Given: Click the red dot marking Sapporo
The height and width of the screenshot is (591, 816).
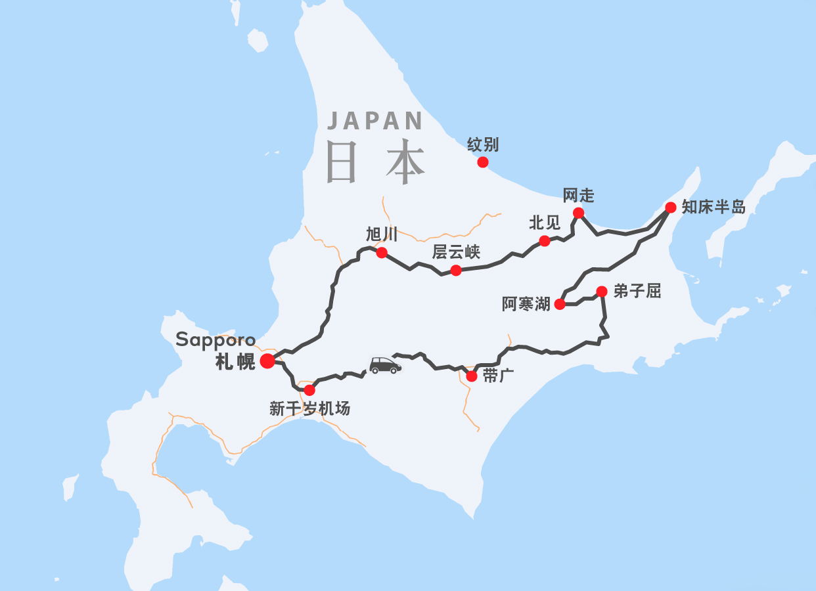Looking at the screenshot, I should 267,361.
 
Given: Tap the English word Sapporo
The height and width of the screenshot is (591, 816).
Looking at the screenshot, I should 215,339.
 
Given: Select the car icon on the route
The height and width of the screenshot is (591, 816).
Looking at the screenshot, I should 385,366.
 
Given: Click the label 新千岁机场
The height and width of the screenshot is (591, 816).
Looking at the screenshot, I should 309,408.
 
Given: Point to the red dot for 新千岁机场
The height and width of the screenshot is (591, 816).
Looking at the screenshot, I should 309,390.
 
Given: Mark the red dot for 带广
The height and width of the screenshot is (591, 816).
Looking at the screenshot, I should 471,376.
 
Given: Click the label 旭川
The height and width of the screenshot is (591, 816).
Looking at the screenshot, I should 382,234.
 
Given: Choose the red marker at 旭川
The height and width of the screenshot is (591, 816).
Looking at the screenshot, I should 381,253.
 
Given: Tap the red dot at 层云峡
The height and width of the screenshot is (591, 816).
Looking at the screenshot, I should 455,271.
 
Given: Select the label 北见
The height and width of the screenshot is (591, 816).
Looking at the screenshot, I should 545,223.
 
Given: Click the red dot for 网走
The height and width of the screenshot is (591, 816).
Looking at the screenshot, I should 578,212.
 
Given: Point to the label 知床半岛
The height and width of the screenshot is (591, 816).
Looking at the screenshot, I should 714,208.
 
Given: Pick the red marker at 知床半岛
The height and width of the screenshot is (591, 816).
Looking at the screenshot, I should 670,208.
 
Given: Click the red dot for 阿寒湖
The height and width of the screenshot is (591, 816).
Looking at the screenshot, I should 560,304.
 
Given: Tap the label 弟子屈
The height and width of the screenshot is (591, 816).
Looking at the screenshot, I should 637,291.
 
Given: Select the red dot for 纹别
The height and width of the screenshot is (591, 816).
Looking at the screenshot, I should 483,162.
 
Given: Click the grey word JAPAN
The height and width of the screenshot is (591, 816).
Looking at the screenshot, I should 375,121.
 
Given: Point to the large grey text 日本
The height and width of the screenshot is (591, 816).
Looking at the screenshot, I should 375,162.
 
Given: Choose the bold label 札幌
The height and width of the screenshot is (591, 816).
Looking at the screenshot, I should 235,362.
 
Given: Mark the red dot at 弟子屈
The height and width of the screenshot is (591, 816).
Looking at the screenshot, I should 601,291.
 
